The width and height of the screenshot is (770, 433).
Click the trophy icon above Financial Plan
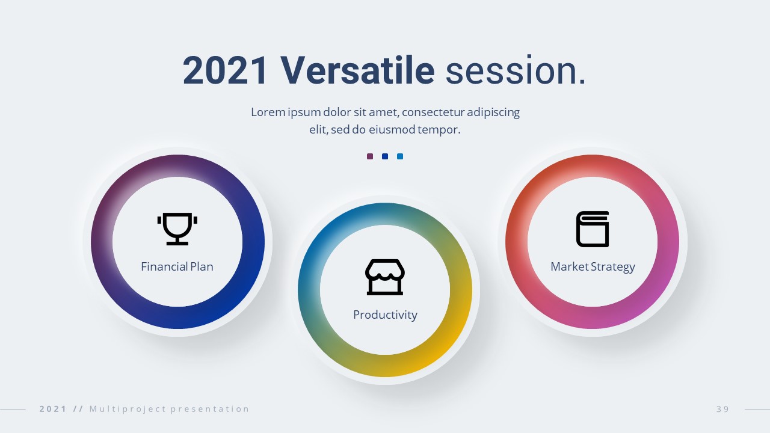(x=177, y=229)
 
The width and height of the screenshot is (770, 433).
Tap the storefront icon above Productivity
(x=385, y=277)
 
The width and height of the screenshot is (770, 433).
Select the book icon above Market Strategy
(x=593, y=229)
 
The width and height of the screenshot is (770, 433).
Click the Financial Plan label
(x=177, y=266)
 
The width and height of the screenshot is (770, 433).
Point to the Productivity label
(x=385, y=315)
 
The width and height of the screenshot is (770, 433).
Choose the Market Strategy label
(x=593, y=267)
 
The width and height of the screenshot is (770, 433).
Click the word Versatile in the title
(x=357, y=70)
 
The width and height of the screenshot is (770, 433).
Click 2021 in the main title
(x=224, y=70)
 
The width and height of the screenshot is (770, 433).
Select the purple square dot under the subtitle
(x=370, y=156)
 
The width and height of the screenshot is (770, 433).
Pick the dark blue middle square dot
(x=385, y=156)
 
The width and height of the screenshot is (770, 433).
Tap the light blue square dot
(x=400, y=156)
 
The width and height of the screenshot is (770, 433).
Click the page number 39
(x=722, y=409)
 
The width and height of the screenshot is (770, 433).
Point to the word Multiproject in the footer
(x=128, y=410)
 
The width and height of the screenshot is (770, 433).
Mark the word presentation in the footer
(x=210, y=410)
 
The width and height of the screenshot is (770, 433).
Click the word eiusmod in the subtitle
(x=392, y=129)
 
